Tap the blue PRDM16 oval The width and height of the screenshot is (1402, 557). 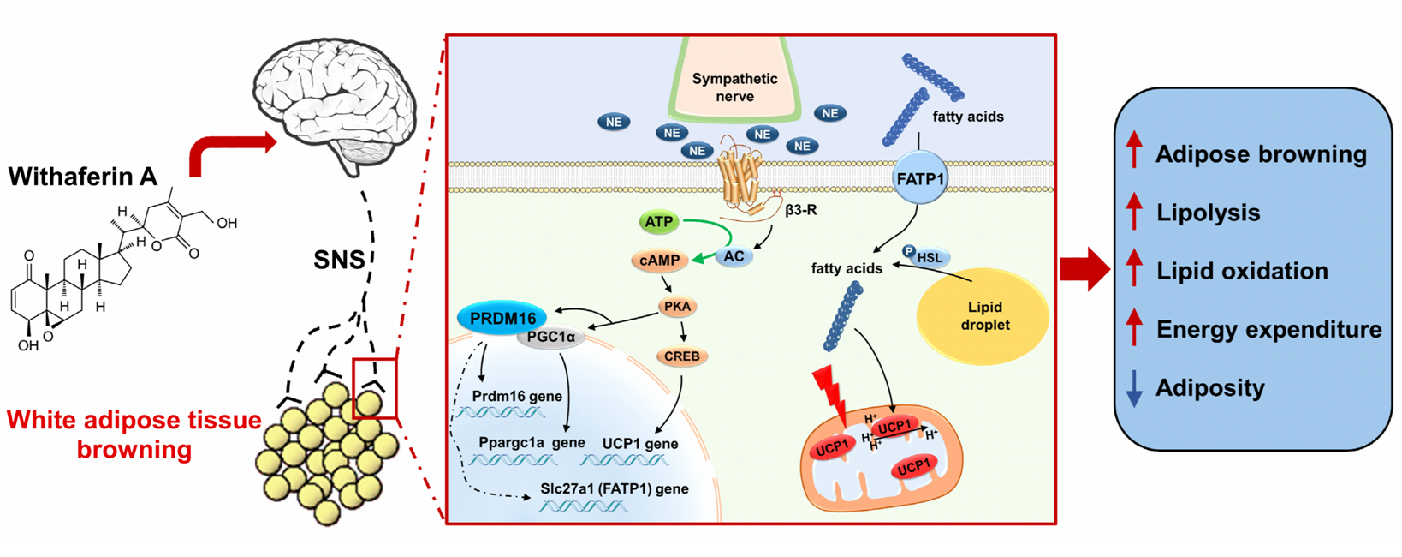(x=502, y=319)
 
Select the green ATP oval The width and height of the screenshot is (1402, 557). (x=658, y=222)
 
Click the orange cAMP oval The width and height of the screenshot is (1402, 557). (x=660, y=260)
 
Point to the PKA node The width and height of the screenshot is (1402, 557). (x=677, y=306)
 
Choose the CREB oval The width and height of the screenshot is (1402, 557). (x=681, y=356)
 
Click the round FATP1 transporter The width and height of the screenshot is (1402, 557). (x=920, y=179)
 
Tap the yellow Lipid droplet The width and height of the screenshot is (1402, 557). (x=983, y=316)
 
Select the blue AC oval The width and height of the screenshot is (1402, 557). (x=734, y=256)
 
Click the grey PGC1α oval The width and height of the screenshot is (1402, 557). (x=551, y=337)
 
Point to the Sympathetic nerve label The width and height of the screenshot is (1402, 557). (x=734, y=87)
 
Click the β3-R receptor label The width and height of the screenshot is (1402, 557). (x=800, y=209)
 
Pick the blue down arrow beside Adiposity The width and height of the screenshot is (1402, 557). (x=1134, y=388)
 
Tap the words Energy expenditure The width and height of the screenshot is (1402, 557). (x=1268, y=330)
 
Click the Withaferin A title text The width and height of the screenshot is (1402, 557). (x=83, y=177)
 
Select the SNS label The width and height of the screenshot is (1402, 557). (x=339, y=259)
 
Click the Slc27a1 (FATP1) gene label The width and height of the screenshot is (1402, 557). (x=614, y=488)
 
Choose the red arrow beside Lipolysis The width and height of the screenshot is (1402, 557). (x=1134, y=212)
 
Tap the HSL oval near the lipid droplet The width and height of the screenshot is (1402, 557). (x=930, y=257)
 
